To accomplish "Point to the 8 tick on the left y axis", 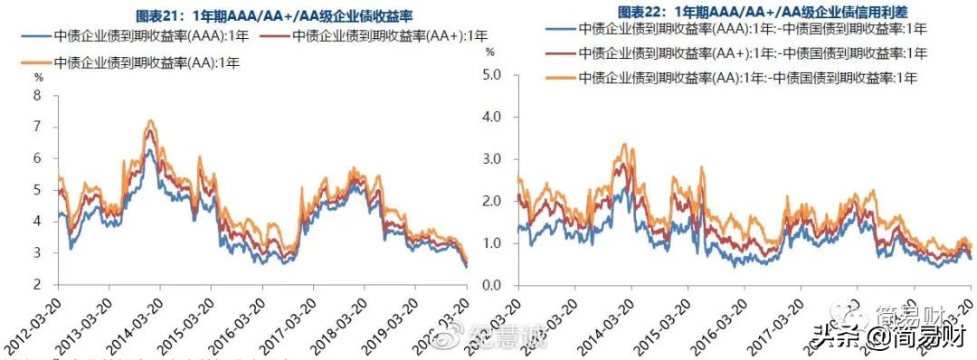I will coord(37,95).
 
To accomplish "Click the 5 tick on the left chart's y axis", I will coord(37,190).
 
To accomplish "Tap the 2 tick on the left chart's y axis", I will coord(37,285).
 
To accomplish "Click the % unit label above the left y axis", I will coord(38,80).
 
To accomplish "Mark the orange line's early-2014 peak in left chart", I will coord(150,120).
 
